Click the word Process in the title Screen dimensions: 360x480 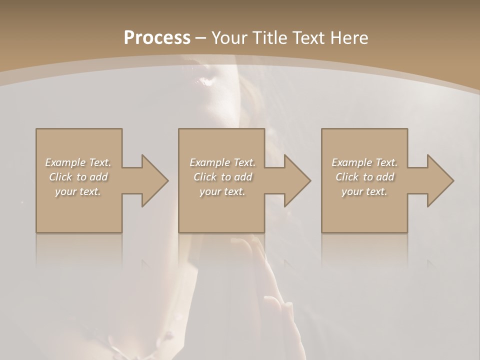157,37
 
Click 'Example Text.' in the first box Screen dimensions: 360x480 78,162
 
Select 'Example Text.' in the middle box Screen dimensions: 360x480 222,162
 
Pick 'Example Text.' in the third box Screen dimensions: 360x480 364,162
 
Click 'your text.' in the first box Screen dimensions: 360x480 78,191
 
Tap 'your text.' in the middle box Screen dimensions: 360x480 222,191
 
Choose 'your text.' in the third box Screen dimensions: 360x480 364,191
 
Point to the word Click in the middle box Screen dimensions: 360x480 205,177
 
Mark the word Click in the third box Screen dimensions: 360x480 347,177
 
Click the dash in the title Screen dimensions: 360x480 201,38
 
